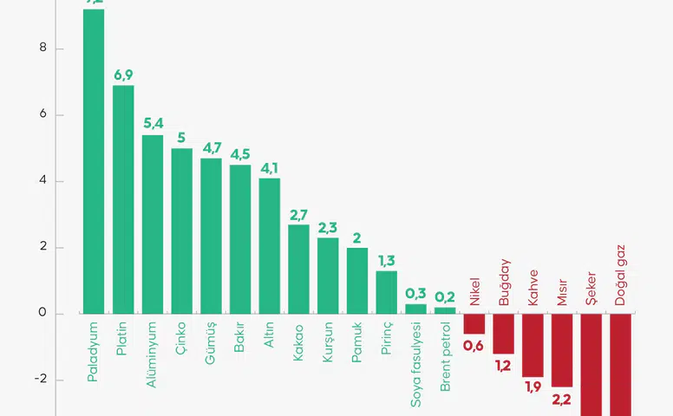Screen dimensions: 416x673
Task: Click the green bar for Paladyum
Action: [94, 160]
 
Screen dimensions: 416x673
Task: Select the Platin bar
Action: [123, 199]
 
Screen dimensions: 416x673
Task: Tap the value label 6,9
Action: [123, 75]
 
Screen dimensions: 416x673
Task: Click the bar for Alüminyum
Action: [153, 224]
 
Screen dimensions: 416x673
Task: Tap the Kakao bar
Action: [299, 269]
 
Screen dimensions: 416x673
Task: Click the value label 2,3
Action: [328, 228]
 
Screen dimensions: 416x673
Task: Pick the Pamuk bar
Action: [357, 281]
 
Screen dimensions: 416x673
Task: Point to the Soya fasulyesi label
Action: [416, 363]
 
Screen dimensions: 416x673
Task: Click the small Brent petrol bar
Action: [445, 310]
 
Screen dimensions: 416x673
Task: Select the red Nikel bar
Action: [474, 323]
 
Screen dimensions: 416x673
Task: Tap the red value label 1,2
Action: [504, 367]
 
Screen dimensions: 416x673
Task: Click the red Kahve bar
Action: [533, 345]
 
